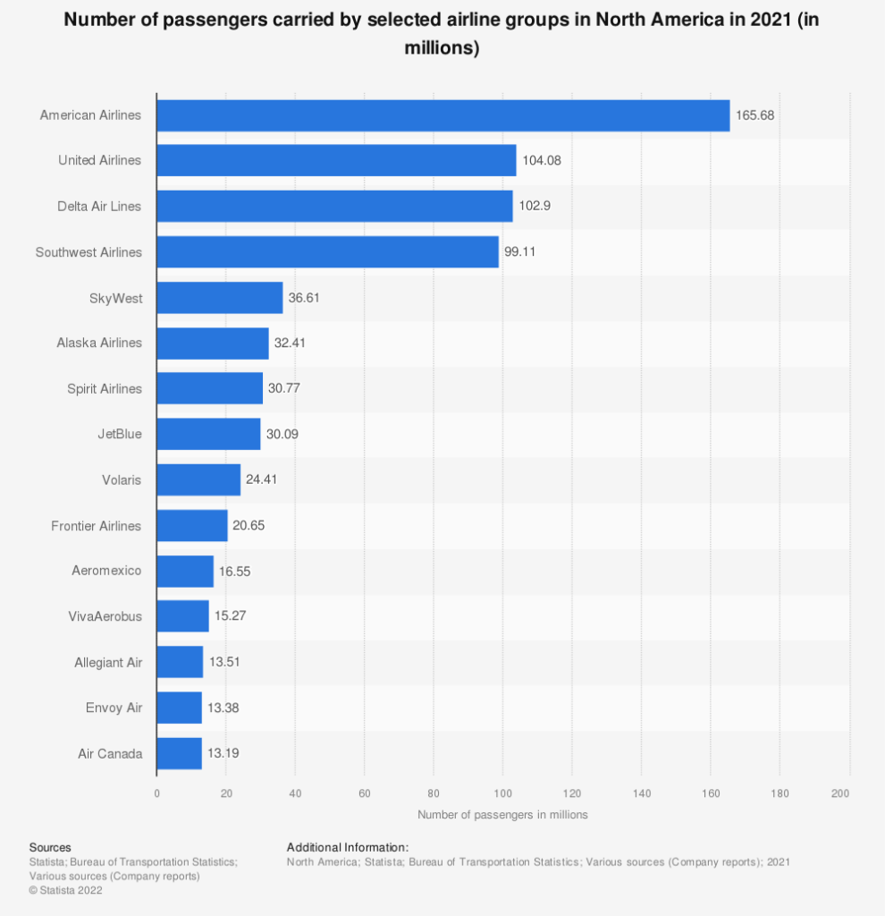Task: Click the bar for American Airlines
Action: (442, 115)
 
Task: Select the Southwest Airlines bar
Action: (327, 252)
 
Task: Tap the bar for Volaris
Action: (198, 480)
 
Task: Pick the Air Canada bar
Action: (179, 753)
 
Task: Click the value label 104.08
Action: (541, 161)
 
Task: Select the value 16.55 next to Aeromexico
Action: (236, 571)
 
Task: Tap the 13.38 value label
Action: (223, 708)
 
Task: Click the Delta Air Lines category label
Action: (99, 207)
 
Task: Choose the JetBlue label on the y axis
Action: (120, 435)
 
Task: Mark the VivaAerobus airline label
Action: (105, 616)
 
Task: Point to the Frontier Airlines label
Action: (97, 526)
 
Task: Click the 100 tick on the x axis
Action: (502, 793)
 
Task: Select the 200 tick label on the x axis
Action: (839, 793)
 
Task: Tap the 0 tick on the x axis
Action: (156, 793)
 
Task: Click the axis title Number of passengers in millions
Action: (502, 815)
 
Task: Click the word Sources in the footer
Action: (50, 847)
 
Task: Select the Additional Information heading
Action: (347, 847)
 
